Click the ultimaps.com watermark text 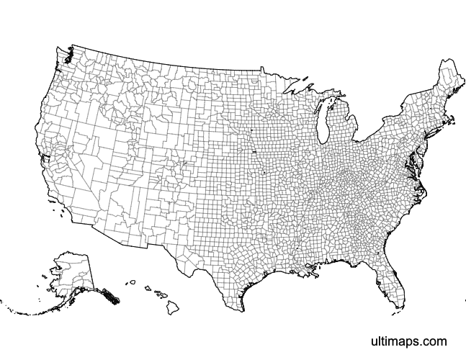408,341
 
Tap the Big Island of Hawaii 174,307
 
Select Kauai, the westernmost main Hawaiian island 132,283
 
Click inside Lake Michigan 322,122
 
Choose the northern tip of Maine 442,63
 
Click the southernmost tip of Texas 242,310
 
